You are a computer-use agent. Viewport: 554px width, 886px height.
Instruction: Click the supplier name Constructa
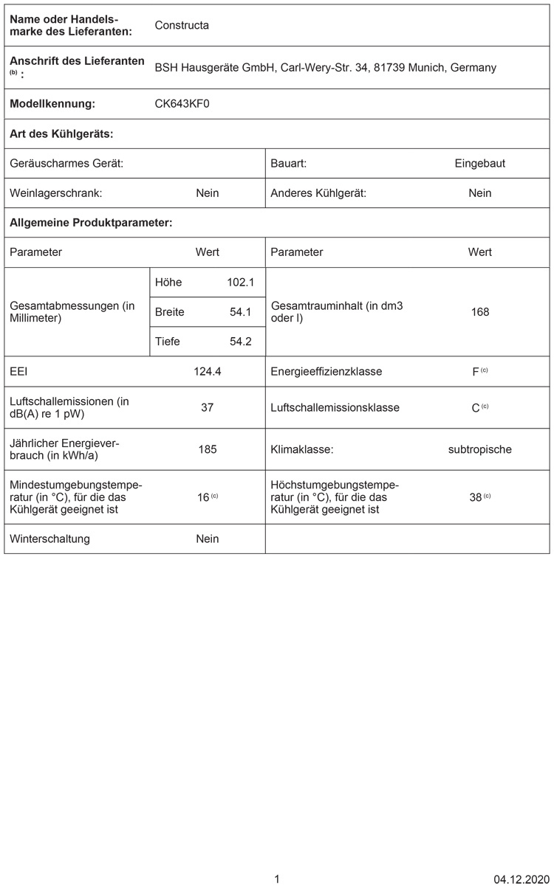coord(182,25)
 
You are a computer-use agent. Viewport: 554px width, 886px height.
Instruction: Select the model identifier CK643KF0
coord(182,104)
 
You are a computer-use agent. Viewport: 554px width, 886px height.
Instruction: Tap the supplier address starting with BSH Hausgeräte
coord(325,67)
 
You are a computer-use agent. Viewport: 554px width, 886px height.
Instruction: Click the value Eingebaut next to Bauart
coord(479,163)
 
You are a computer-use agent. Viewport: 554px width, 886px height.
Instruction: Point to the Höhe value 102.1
coord(240,282)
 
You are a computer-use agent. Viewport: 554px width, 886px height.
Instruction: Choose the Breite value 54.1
coord(242,312)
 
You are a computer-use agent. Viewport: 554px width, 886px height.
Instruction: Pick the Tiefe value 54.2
coord(242,342)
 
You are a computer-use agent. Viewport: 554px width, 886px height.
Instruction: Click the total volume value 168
coord(479,312)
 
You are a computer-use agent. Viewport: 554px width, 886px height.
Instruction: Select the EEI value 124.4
coord(208,371)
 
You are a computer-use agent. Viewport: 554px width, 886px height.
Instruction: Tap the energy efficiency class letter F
coord(476,372)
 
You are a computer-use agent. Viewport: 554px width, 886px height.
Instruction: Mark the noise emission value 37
coord(208,407)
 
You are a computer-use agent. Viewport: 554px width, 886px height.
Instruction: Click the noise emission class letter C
coord(476,408)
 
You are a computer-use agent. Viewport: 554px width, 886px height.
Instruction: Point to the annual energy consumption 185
coord(208,449)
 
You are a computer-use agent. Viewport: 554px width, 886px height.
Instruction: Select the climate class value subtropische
coord(479,449)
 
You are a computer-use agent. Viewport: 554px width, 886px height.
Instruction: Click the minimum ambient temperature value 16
coord(204,497)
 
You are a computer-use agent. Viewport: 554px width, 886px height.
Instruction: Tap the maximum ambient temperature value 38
coord(476,497)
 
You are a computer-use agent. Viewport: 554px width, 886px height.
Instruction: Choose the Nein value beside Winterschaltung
coord(208,539)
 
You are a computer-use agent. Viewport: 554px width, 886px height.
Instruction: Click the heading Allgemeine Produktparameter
coord(91,222)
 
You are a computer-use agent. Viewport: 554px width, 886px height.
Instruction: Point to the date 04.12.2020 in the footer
coord(521,879)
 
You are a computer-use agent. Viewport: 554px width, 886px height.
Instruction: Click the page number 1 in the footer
coord(277,879)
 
